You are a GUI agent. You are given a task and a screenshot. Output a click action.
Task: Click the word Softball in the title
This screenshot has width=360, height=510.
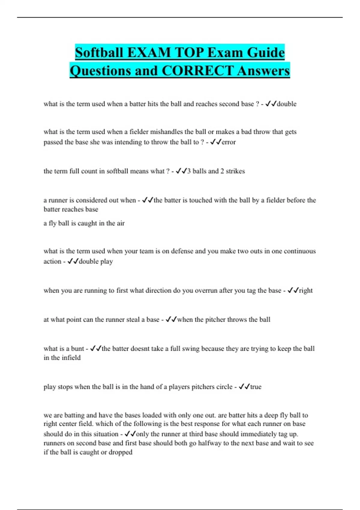click(x=99, y=52)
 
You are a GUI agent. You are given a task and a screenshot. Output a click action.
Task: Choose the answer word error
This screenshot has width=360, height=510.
click(x=229, y=142)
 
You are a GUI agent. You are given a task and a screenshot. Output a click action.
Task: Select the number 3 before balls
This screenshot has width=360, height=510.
click(x=189, y=171)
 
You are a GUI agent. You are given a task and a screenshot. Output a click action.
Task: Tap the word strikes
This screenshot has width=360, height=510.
click(x=235, y=171)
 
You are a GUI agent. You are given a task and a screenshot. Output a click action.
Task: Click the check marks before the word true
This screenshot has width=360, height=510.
click(x=244, y=387)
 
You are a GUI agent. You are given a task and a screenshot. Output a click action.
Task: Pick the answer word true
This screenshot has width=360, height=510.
click(x=256, y=387)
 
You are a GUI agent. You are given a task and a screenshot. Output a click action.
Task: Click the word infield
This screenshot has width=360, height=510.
click(x=71, y=358)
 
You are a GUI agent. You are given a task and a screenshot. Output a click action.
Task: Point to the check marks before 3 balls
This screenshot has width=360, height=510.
click(x=181, y=171)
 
